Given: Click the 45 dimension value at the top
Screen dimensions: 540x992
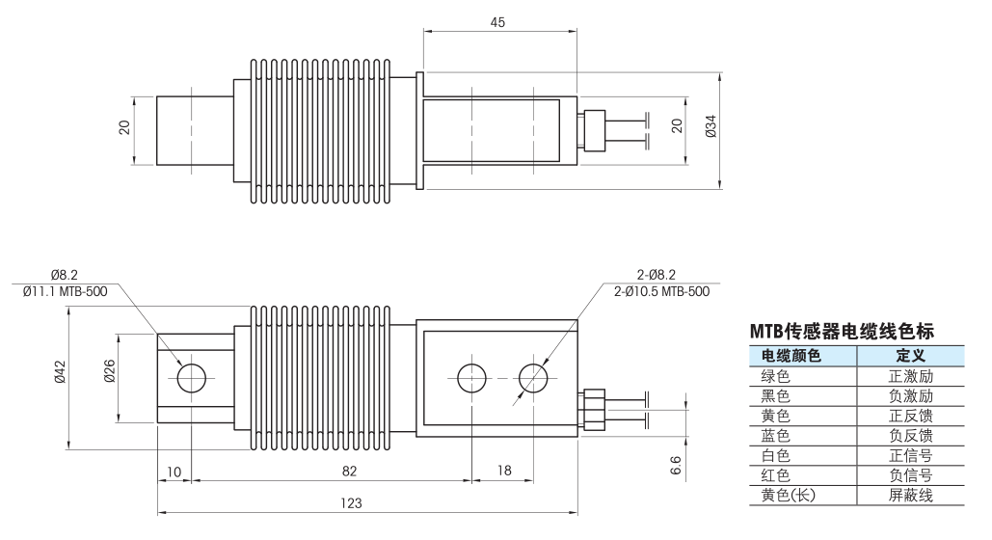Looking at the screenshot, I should [497, 21].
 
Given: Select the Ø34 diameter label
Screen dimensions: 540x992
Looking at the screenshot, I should [710, 126].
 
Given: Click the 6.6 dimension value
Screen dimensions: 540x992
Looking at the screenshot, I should [676, 465].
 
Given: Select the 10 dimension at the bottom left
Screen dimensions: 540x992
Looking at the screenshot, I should [174, 471].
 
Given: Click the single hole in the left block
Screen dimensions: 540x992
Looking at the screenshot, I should [191, 377].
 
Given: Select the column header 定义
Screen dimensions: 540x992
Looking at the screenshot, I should [910, 357].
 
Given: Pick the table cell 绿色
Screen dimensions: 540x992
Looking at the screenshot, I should [775, 377].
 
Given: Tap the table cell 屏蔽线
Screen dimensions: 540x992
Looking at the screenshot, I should [910, 496].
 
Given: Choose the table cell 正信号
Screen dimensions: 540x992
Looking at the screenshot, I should [910, 456].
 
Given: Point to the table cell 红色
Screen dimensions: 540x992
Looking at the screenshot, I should [775, 475].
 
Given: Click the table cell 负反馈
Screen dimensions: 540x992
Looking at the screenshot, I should [910, 436].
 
